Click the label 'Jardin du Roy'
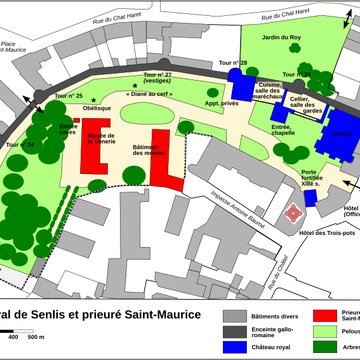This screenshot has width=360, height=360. (x=283, y=39)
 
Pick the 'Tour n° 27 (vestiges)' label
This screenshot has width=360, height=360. (x=157, y=79)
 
